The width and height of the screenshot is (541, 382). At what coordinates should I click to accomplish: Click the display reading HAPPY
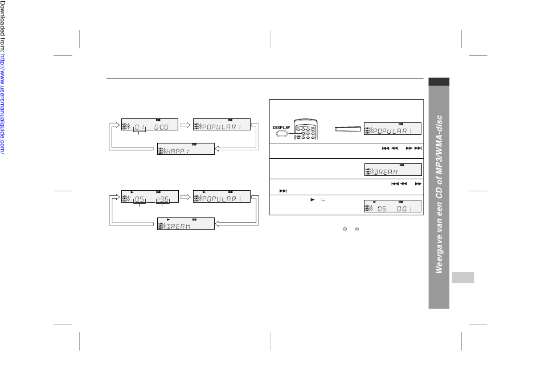coord(186,149)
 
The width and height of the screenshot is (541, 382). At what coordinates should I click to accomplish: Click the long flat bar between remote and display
coord(346,129)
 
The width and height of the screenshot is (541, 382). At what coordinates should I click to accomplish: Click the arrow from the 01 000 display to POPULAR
coord(185,124)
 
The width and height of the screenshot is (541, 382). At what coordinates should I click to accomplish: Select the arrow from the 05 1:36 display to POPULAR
coord(185,198)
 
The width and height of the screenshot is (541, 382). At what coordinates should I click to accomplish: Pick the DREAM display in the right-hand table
coord(393,170)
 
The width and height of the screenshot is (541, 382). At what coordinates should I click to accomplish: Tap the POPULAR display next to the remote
coord(393,129)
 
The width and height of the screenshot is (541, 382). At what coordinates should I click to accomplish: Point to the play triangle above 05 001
coord(374,202)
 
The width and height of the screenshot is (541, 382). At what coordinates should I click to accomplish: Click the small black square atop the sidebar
coord(440,82)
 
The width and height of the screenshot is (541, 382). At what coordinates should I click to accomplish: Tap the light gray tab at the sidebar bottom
coord(464,277)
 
